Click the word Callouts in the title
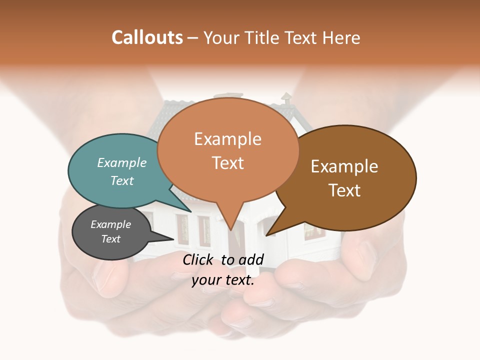(x=147, y=37)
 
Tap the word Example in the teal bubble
(x=122, y=162)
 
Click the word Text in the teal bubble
(x=122, y=180)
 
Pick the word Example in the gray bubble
(x=110, y=224)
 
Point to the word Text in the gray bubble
(x=110, y=239)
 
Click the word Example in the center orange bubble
(x=227, y=139)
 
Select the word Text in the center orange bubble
(x=227, y=163)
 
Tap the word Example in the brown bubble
(x=344, y=166)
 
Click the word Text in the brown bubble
(x=344, y=190)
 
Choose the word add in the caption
(x=252, y=259)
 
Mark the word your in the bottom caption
(x=206, y=280)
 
